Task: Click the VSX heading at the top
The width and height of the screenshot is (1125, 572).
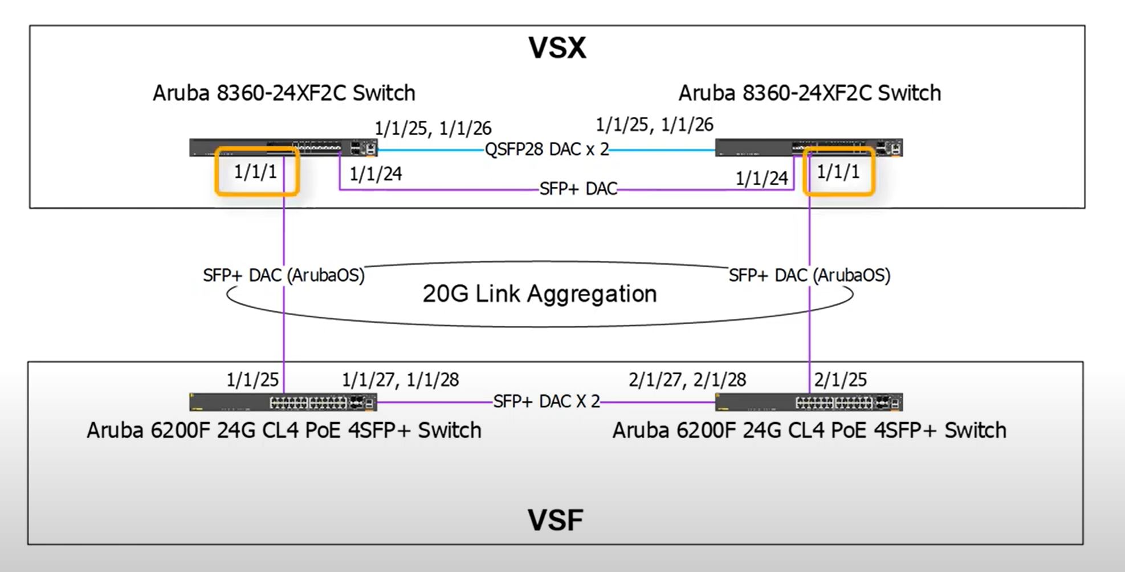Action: click(557, 48)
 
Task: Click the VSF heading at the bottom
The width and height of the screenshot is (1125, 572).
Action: click(556, 520)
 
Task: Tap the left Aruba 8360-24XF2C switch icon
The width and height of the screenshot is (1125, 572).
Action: click(283, 148)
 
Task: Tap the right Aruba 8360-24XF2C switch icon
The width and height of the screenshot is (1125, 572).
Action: click(809, 148)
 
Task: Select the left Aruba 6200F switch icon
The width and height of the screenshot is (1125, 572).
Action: click(283, 402)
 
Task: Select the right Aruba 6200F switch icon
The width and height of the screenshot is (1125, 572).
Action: click(809, 402)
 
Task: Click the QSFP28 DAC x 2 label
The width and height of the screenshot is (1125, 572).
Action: click(547, 149)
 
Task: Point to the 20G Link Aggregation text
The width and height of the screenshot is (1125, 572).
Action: click(540, 294)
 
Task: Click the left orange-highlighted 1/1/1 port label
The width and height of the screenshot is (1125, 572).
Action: click(255, 171)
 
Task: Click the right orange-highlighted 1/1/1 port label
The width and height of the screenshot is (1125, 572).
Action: click(838, 171)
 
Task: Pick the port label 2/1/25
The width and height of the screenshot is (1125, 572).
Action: click(841, 379)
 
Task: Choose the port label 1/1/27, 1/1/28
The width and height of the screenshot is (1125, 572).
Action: click(400, 379)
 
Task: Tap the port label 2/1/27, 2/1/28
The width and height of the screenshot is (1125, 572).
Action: click(687, 379)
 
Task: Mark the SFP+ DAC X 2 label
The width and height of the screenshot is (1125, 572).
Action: click(547, 402)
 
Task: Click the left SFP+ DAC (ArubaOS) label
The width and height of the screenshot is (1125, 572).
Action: click(284, 275)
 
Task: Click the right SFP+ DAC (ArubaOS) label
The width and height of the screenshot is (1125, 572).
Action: click(809, 275)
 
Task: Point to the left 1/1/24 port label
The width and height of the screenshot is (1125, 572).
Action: click(376, 174)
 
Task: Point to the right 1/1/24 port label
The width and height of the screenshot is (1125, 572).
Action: click(762, 178)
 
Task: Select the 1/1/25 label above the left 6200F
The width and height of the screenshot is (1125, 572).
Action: click(252, 379)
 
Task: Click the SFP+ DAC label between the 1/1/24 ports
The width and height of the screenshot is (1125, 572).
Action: click(578, 189)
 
